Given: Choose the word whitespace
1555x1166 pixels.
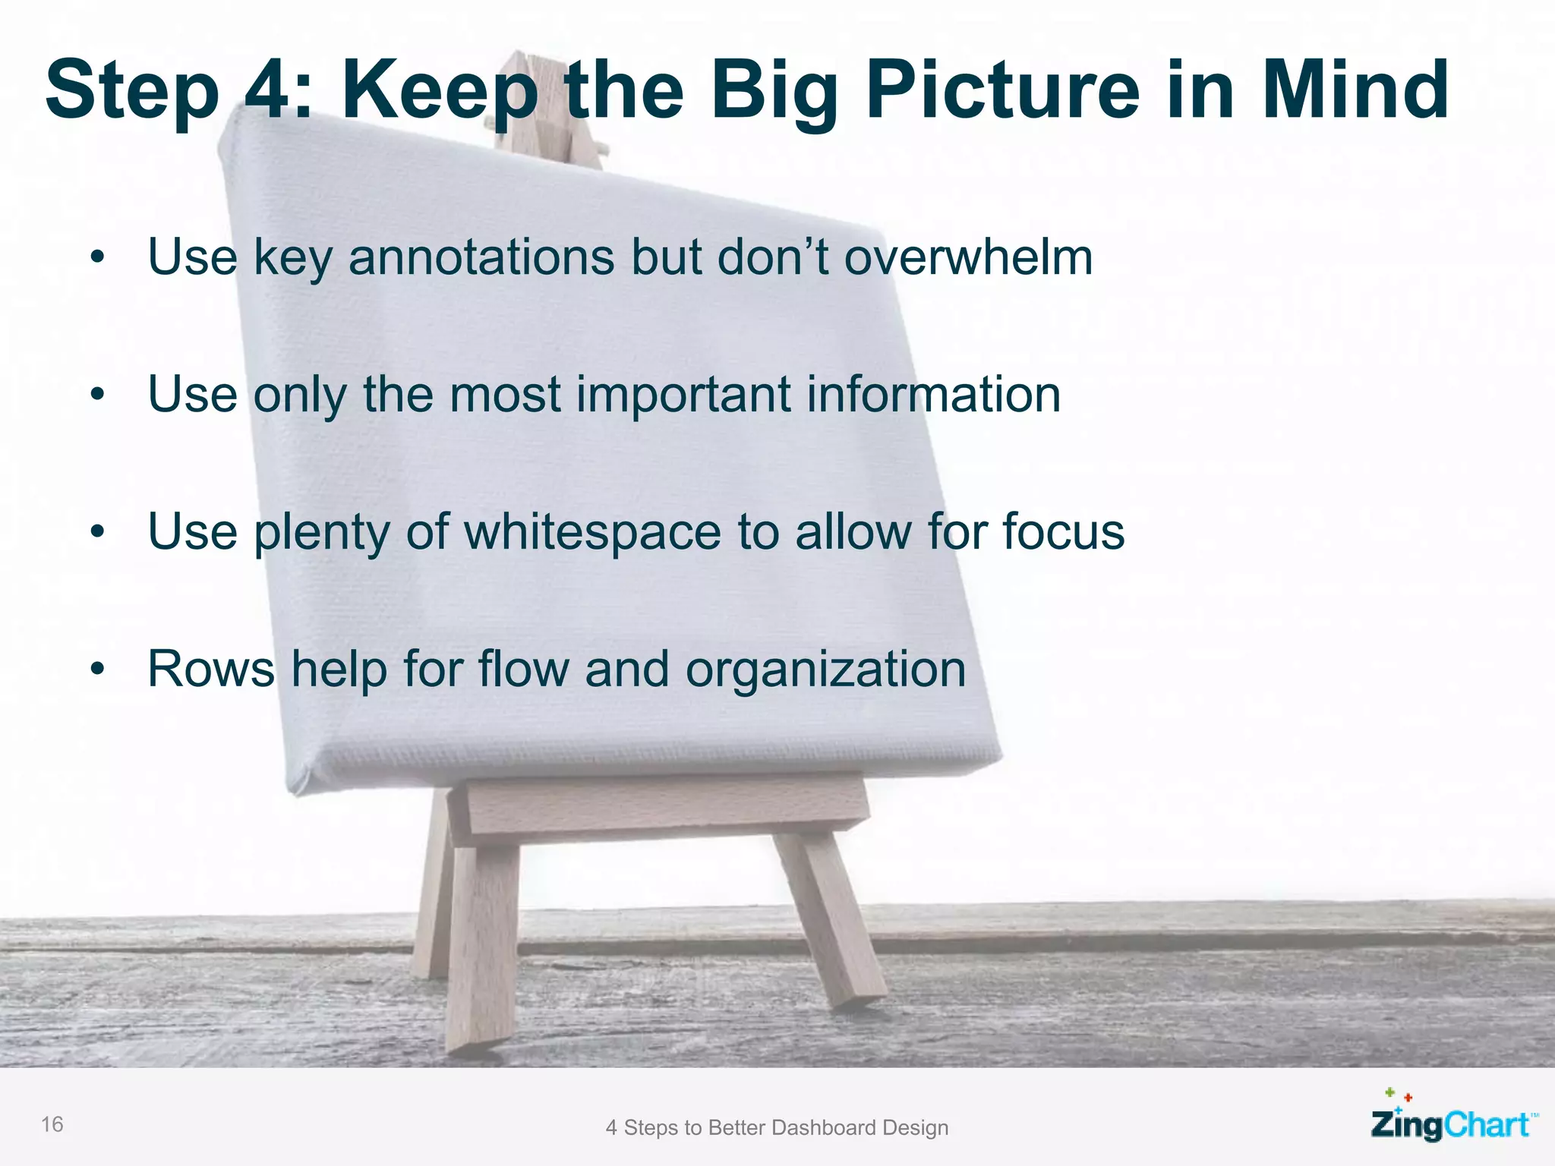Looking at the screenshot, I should click(x=592, y=532).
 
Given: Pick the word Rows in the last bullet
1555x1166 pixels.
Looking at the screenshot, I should click(x=211, y=670).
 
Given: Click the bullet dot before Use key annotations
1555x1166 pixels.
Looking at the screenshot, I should click(x=96, y=258).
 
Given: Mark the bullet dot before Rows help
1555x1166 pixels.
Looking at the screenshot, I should click(x=96, y=670).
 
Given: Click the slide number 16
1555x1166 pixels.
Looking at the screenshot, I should click(x=52, y=1124).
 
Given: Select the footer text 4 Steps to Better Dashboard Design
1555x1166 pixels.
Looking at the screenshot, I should click(x=777, y=1127).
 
